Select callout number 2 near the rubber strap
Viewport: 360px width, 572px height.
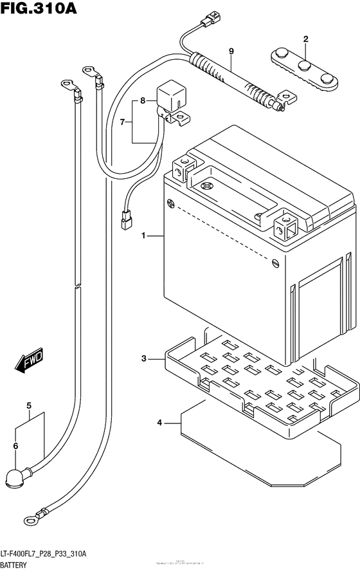click(x=305, y=39)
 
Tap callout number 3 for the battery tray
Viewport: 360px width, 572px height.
click(x=145, y=358)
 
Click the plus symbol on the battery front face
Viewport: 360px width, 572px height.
click(x=171, y=205)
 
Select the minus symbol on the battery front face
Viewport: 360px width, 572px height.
click(x=275, y=262)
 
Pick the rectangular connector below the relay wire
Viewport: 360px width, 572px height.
click(x=125, y=221)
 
